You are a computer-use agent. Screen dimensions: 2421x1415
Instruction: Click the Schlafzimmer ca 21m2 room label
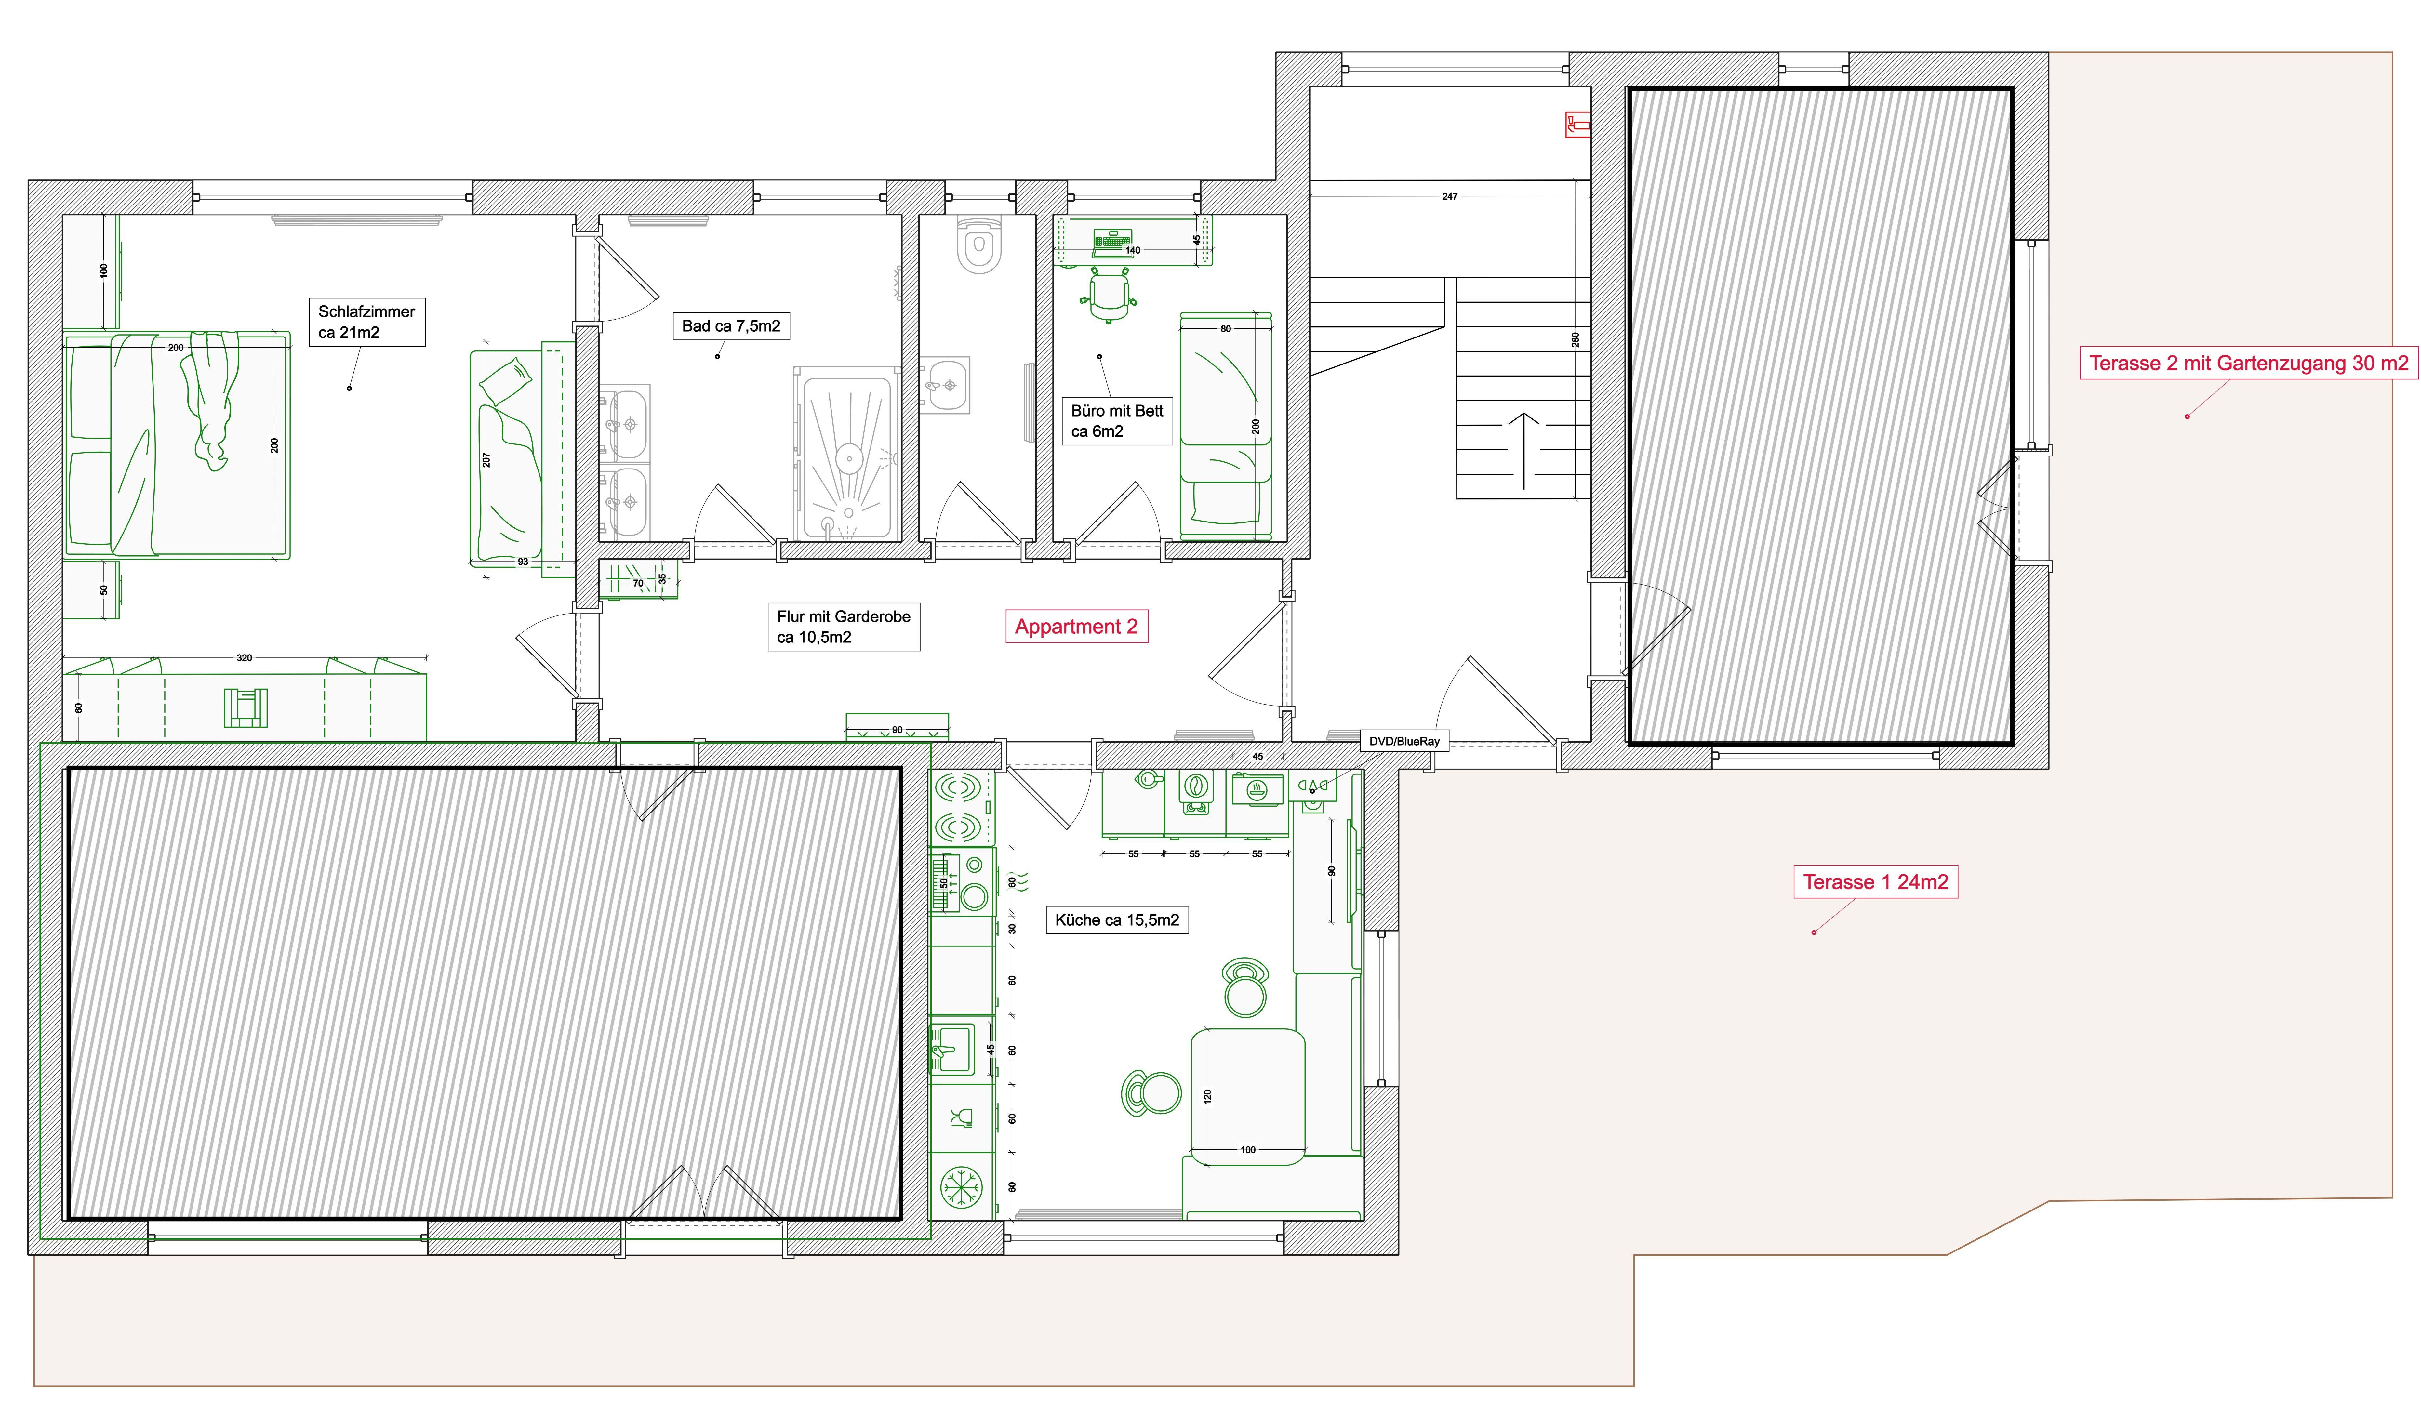click(367, 322)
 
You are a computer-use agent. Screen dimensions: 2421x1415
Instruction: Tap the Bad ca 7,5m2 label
click(731, 327)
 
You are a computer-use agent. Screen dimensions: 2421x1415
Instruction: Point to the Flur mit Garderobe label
click(844, 626)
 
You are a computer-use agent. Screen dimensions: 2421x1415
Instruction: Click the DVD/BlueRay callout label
click(1404, 742)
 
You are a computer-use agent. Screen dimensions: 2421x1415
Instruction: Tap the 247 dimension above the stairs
click(1450, 196)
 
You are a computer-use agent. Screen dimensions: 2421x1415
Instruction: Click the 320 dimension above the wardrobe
click(244, 658)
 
